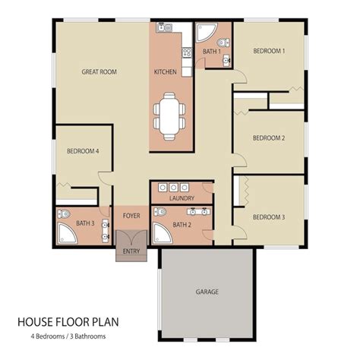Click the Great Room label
[x=99, y=71]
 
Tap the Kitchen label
[x=166, y=71]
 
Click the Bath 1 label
[x=211, y=52]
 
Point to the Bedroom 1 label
[x=269, y=51]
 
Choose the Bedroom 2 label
[x=269, y=138]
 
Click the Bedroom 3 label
[x=269, y=217]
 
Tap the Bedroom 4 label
[x=83, y=152]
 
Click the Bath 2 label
[x=182, y=225]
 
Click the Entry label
[x=131, y=251]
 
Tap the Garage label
[x=207, y=292]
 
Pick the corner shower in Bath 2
[x=162, y=234]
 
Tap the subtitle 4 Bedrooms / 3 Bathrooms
[x=68, y=336]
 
